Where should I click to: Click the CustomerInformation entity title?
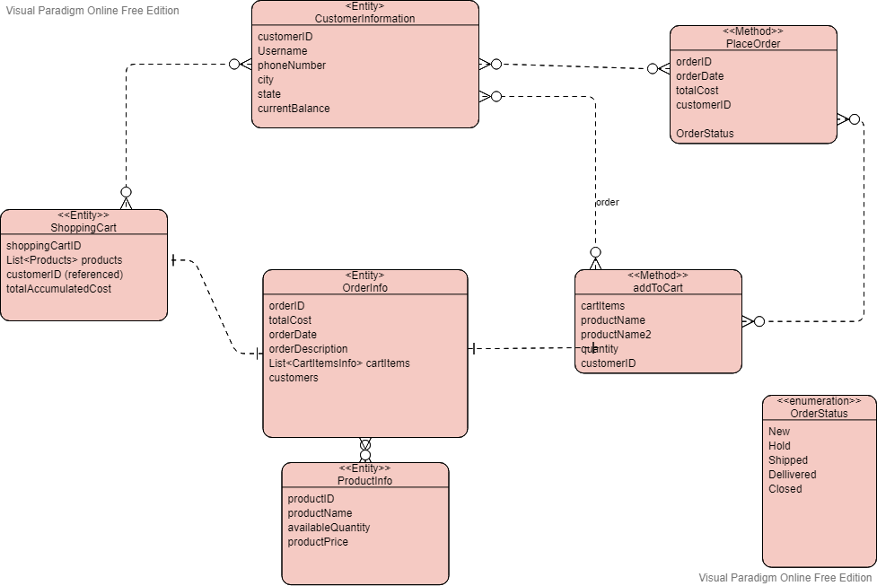point(364,19)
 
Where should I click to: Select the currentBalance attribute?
point(294,109)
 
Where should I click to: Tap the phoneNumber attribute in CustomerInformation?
point(292,66)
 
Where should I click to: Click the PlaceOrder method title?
point(752,43)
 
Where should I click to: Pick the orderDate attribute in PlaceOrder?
point(699,76)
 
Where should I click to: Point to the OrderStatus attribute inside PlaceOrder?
point(705,134)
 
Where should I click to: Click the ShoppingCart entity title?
point(83,228)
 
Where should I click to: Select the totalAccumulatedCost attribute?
point(58,289)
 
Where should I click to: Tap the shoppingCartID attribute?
point(44,246)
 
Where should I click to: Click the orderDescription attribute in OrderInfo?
point(308,349)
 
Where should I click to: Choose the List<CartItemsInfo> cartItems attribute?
point(338,363)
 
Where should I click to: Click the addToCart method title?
point(658,288)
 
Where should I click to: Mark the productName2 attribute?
point(616,335)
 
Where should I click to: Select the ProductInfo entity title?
point(364,481)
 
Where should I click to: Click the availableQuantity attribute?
point(329,528)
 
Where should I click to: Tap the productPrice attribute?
point(318,542)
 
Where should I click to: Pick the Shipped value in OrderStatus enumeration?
point(788,460)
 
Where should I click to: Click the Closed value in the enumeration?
point(785,489)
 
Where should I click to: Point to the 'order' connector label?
point(608,202)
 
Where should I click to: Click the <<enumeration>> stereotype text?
point(819,401)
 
